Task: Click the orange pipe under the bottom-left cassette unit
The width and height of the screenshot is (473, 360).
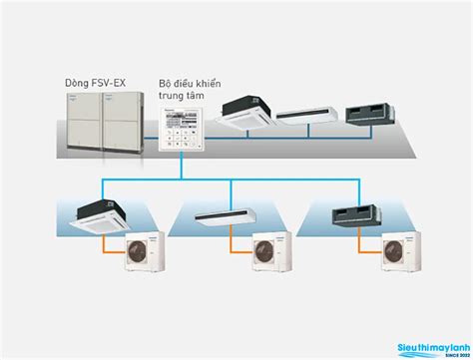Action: (x=110, y=245)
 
